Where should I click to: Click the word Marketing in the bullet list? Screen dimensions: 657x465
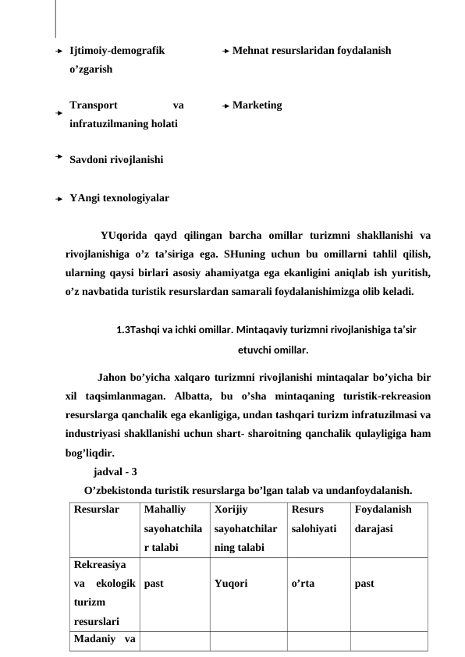tap(257, 105)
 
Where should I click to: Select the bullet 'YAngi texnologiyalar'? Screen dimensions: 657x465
tap(119, 198)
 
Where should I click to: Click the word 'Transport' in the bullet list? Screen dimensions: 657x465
tap(94, 105)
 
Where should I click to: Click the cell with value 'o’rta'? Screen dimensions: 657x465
tap(303, 582)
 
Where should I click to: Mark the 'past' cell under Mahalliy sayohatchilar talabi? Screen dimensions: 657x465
tap(154, 582)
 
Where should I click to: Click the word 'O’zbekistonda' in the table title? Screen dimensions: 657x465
tap(118, 490)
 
